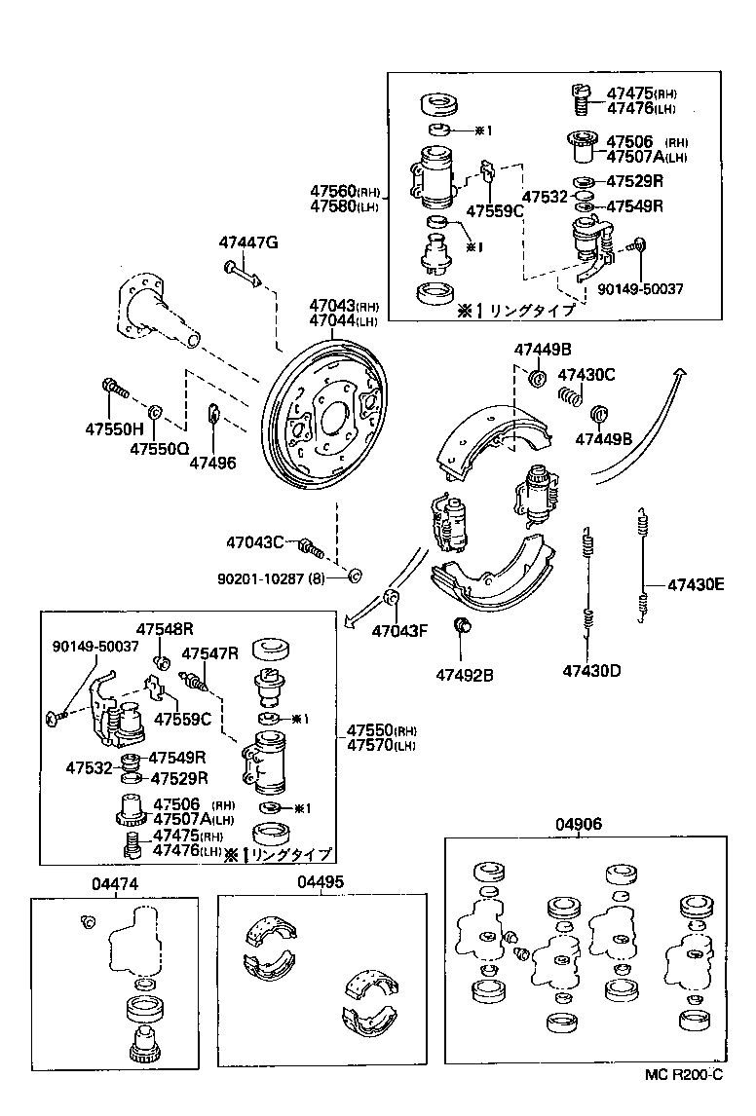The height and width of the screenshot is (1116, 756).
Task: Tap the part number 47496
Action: (212, 463)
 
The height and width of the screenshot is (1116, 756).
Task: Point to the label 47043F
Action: (398, 630)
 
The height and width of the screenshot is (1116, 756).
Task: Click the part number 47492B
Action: (464, 674)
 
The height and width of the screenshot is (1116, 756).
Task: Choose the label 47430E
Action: (696, 585)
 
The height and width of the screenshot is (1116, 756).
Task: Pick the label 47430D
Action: (591, 670)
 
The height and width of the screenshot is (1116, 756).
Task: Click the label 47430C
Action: (586, 374)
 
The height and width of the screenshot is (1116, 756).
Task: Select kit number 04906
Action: (579, 824)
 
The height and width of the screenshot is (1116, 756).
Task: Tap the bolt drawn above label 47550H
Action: (114, 390)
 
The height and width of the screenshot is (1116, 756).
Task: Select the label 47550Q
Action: (160, 449)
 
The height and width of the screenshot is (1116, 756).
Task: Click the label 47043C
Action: (255, 542)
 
